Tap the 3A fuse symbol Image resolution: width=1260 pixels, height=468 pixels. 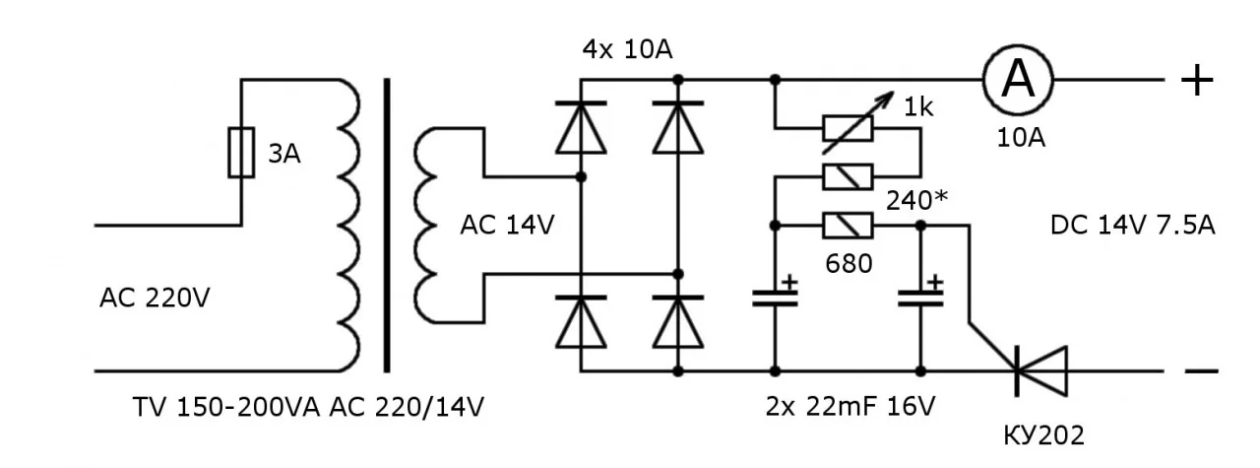(241, 153)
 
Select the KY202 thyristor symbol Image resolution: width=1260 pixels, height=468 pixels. (1041, 371)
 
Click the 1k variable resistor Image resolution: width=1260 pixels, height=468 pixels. (848, 127)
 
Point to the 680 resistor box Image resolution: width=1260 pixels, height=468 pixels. (848, 226)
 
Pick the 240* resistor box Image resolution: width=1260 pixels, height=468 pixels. (848, 177)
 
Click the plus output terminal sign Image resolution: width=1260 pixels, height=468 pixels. (1197, 80)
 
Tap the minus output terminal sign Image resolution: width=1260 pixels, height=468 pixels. (1200, 371)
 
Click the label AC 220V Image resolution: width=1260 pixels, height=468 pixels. (155, 297)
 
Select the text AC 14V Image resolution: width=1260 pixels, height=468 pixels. (507, 226)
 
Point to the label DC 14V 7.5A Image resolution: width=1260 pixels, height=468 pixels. (1133, 226)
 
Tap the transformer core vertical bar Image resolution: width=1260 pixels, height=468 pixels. (387, 225)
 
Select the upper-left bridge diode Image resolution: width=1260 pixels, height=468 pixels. (580, 127)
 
